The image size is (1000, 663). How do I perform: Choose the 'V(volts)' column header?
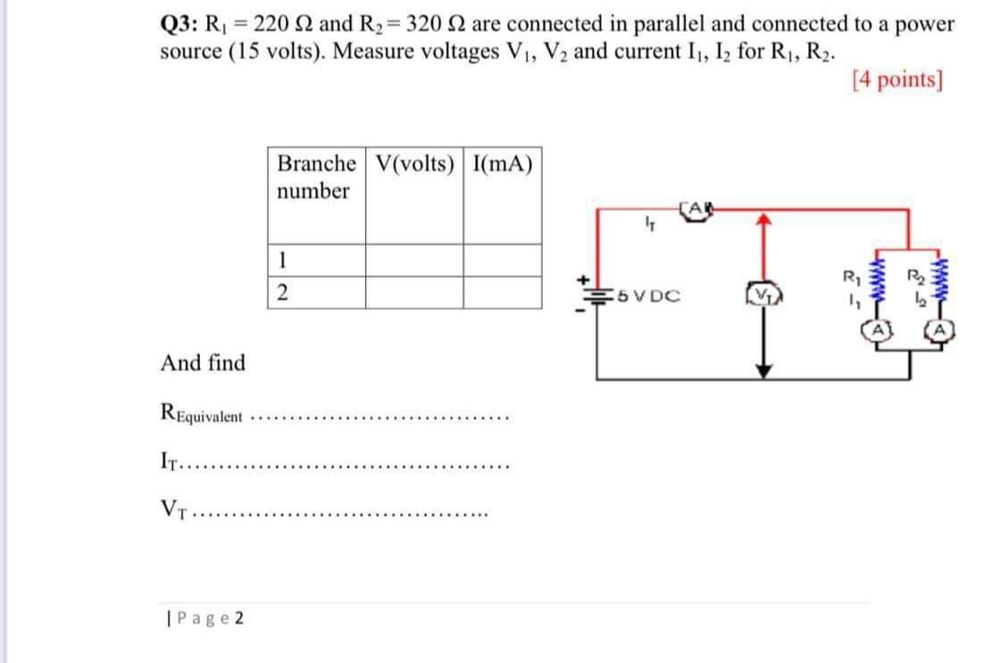[x=414, y=164]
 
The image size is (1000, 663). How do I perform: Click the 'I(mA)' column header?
[x=501, y=164]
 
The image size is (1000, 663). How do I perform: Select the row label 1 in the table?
[x=282, y=260]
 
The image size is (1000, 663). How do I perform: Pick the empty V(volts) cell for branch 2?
[x=414, y=294]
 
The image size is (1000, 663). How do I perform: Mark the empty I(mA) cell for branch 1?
[x=502, y=260]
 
